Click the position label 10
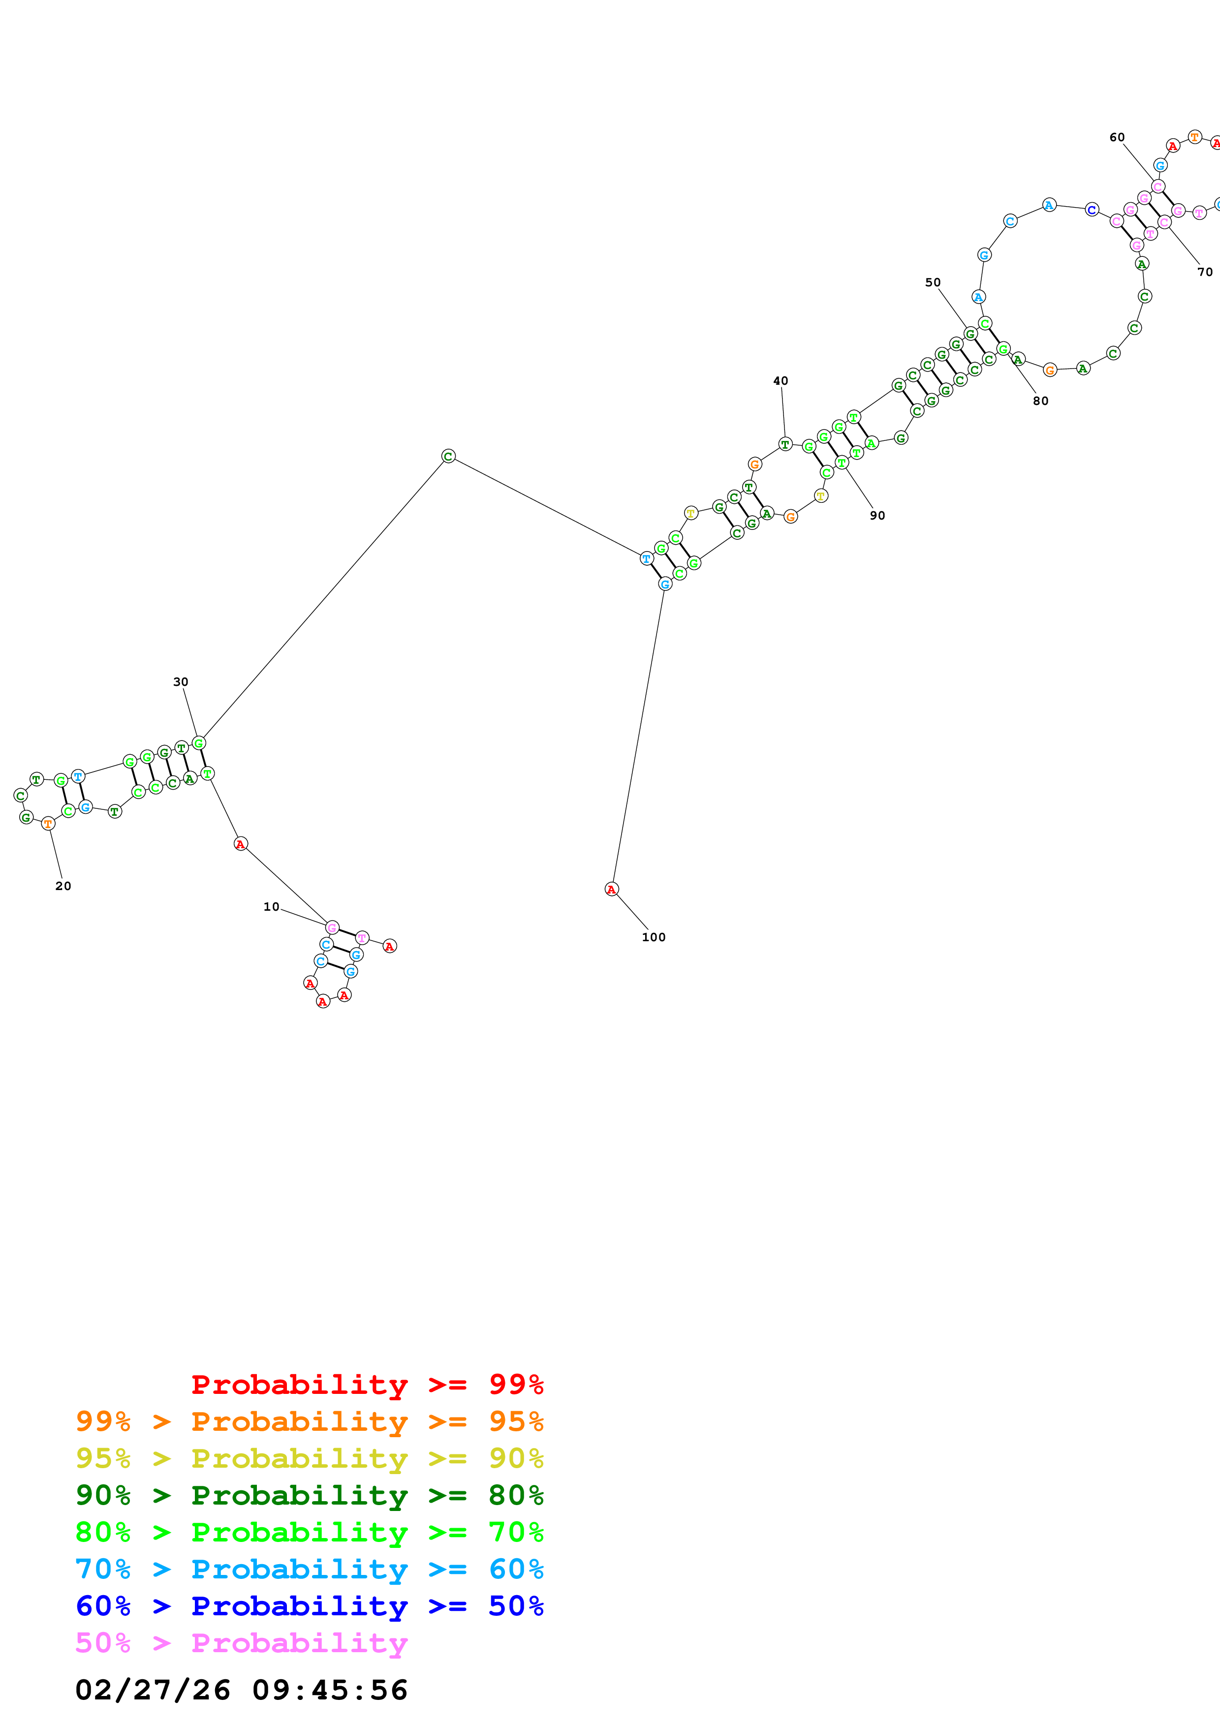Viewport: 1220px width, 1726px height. tap(271, 907)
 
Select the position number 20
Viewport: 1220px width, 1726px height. tap(63, 886)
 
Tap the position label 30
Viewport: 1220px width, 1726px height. tap(181, 682)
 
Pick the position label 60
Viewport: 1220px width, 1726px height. tap(1117, 138)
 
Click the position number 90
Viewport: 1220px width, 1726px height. tap(877, 516)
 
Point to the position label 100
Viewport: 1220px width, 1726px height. tap(653, 937)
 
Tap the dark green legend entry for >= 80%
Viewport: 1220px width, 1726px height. tap(309, 1495)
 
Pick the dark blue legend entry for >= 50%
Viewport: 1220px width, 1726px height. tap(309, 1606)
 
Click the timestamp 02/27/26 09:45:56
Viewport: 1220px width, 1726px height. tap(241, 1690)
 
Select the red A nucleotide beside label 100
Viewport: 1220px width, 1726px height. tap(611, 889)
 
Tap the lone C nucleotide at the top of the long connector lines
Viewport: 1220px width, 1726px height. tap(448, 456)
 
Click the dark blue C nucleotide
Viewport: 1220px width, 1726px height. tap(1092, 210)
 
